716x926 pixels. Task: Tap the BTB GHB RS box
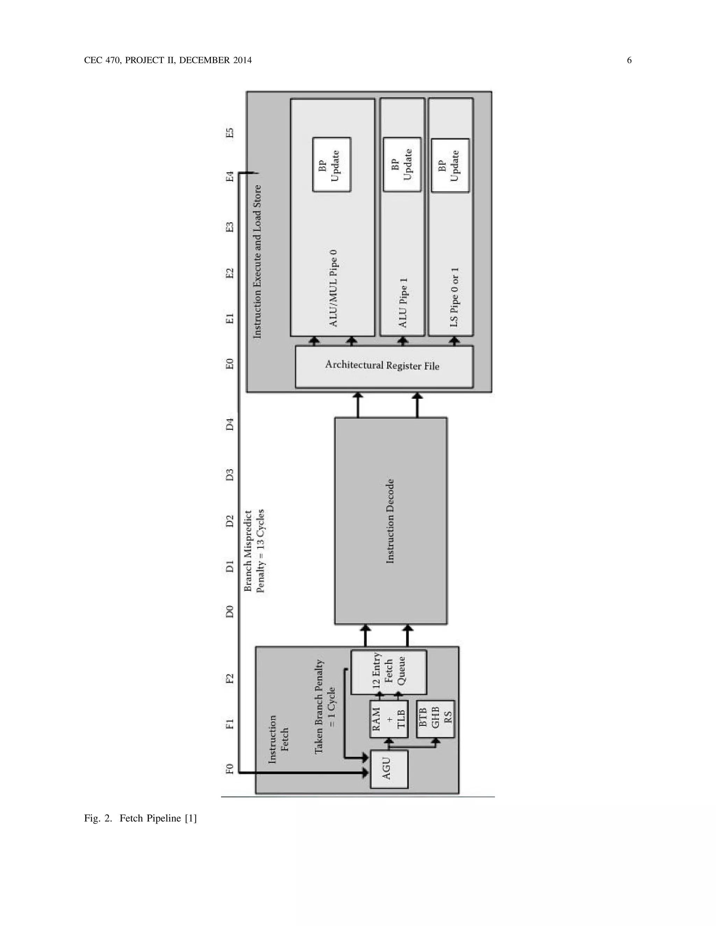pyautogui.click(x=435, y=718)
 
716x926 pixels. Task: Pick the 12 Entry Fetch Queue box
pyautogui.click(x=388, y=672)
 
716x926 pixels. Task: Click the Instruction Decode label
pyautogui.click(x=390, y=521)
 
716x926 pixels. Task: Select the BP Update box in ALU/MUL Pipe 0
pyautogui.click(x=331, y=165)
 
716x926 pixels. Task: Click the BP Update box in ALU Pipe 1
pyautogui.click(x=402, y=164)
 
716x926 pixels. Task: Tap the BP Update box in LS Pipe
pyautogui.click(x=450, y=165)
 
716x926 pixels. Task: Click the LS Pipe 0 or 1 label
pyautogui.click(x=454, y=297)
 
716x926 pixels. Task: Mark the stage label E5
pyautogui.click(x=229, y=133)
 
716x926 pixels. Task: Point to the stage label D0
pyautogui.click(x=229, y=612)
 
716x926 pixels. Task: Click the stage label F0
pyautogui.click(x=229, y=769)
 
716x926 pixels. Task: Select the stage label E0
pyautogui.click(x=229, y=364)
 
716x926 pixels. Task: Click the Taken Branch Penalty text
pyautogui.click(x=324, y=706)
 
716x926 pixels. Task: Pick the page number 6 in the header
pyautogui.click(x=629, y=60)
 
